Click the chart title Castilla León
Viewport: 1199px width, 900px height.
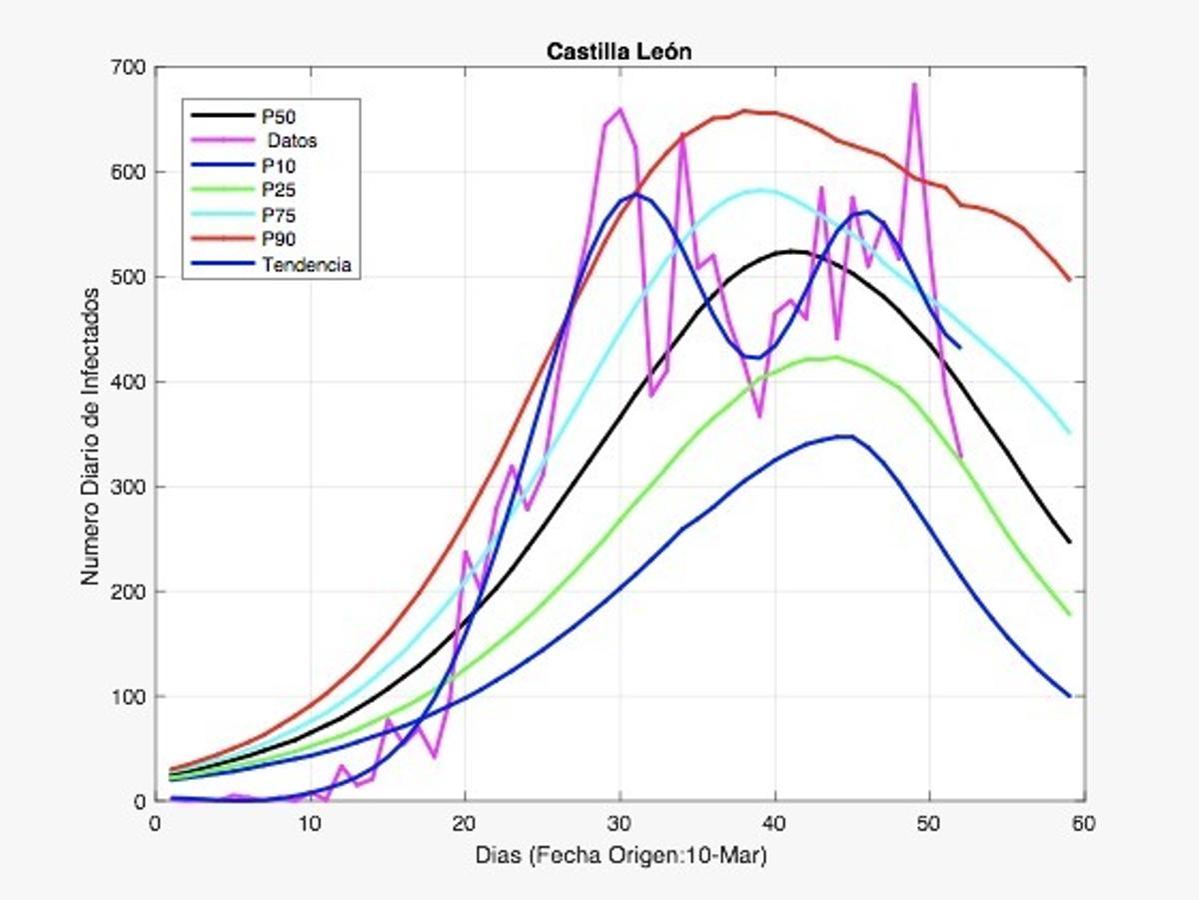(618, 52)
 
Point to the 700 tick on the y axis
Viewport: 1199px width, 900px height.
(134, 68)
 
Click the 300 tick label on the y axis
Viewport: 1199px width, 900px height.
(134, 487)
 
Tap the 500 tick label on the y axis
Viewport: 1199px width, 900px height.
(134, 278)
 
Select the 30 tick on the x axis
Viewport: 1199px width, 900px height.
(619, 823)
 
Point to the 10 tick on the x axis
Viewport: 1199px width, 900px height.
(310, 823)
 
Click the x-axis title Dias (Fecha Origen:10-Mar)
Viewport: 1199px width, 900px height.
(619, 856)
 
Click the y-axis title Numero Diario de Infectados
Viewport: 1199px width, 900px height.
(91, 436)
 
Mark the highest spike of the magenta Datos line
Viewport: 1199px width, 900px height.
(914, 85)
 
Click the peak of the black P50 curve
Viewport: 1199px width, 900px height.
(791, 251)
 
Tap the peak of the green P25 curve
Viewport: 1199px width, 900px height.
(835, 357)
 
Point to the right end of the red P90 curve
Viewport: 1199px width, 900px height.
(1069, 280)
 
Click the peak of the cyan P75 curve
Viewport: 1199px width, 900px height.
(761, 190)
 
